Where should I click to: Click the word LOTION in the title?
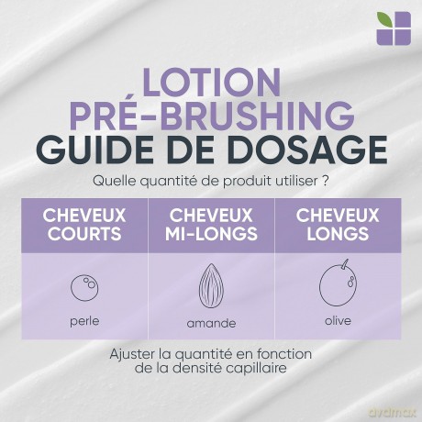click(x=211, y=81)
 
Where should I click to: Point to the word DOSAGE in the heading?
click(x=308, y=150)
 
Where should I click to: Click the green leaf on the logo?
click(x=384, y=20)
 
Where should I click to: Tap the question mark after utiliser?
click(x=326, y=181)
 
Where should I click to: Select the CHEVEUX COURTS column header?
click(x=84, y=225)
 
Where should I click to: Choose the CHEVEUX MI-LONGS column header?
click(x=211, y=225)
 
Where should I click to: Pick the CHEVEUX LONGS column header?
click(x=338, y=225)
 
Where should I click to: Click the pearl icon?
click(x=72, y=287)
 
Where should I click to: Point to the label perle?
click(x=84, y=321)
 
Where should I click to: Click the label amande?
click(x=211, y=323)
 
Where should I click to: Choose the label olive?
click(x=338, y=321)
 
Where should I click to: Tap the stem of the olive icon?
click(x=346, y=264)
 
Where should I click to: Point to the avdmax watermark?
click(x=393, y=413)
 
